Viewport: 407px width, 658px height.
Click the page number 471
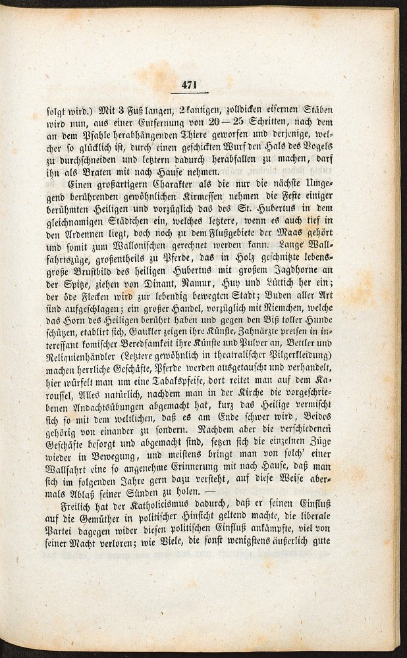click(x=189, y=84)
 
